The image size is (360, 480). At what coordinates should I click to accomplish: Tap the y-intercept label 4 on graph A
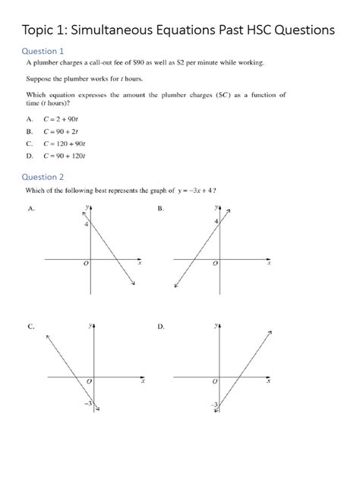coord(87,224)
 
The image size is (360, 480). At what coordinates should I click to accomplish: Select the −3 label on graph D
coord(215,405)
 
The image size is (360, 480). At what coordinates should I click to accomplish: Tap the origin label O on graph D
coord(215,380)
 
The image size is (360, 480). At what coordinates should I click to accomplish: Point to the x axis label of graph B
coord(268,263)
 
